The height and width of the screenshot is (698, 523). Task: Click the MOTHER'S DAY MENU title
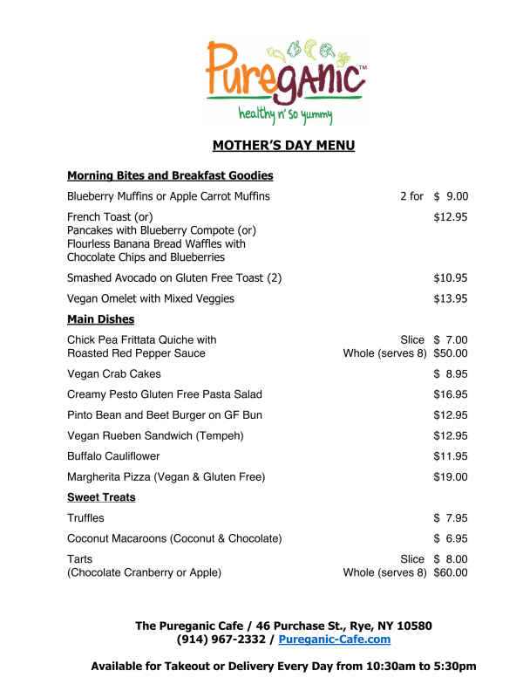[x=284, y=146]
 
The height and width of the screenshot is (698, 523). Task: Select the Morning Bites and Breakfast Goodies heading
[x=170, y=175]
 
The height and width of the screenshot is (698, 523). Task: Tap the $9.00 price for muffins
[x=451, y=196]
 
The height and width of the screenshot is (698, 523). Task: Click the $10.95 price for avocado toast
[x=451, y=278]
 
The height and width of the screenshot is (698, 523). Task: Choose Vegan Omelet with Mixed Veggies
[x=151, y=298]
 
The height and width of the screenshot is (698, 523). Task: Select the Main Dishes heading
[x=101, y=319]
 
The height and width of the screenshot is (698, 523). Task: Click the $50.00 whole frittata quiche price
[x=451, y=353]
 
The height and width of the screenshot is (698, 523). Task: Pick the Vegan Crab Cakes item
[x=114, y=373]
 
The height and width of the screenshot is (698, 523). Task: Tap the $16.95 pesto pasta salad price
[x=451, y=394]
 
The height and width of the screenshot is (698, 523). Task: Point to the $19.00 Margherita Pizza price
[x=451, y=476]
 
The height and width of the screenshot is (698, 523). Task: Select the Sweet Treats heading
[x=101, y=497]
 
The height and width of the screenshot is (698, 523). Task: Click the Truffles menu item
[x=85, y=518]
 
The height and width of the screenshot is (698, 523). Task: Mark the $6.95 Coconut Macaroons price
[x=451, y=538]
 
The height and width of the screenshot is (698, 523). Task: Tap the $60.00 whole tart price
[x=451, y=573]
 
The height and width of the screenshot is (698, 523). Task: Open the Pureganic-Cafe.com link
[x=335, y=640]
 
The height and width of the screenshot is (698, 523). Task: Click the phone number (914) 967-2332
[x=224, y=640]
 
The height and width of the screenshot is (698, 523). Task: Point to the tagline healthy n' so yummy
[x=285, y=114]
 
